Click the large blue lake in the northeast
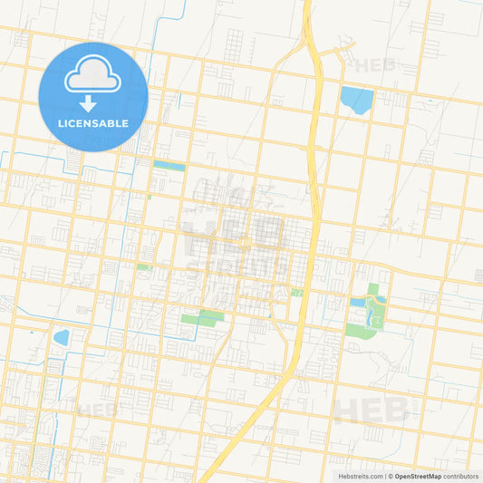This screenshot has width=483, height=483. pos(356,99)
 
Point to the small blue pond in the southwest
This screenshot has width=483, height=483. pos(62,338)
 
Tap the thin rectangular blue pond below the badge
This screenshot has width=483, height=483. pos(169,166)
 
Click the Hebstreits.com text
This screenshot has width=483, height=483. pos(362,476)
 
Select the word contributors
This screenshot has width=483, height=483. pos(460,476)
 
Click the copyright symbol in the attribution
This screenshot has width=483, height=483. pos(391,476)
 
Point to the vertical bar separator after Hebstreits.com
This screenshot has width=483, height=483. pos(385,476)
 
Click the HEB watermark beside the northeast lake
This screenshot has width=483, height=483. pos(376,65)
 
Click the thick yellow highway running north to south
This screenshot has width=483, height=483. pos(313,181)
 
